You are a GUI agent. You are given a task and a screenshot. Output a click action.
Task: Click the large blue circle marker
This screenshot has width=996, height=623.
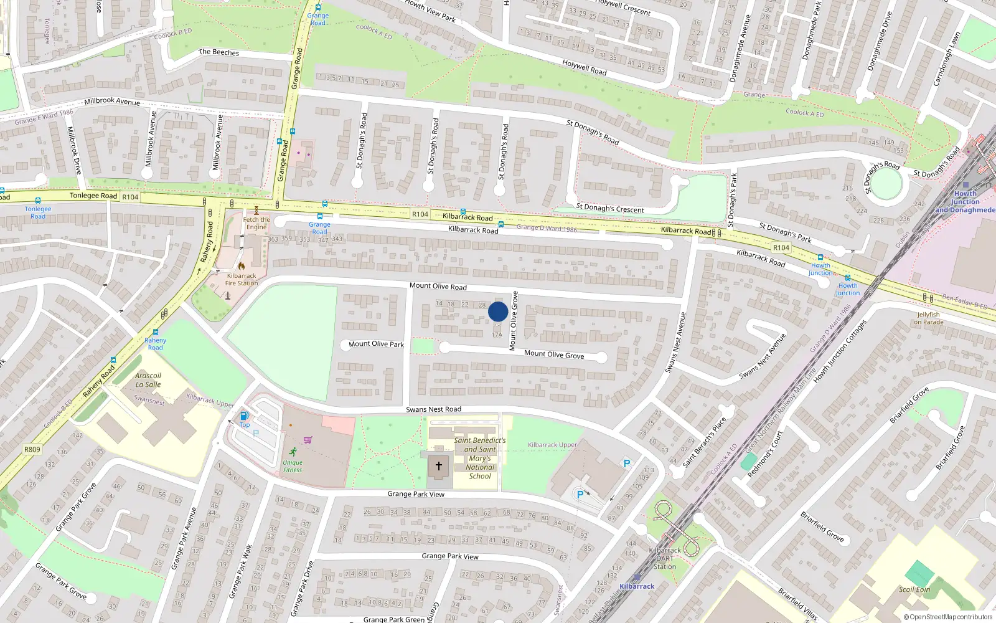(497, 311)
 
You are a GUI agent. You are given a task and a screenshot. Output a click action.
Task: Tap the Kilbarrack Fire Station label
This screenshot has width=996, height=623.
(242, 279)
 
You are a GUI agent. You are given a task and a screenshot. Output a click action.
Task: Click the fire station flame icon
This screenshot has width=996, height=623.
(242, 266)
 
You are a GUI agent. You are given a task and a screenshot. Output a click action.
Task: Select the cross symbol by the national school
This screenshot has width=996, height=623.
(439, 465)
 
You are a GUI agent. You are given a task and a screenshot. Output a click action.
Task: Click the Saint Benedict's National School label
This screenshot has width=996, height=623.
(480, 458)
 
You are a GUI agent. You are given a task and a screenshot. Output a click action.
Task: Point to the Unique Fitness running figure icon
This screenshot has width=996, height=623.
(293, 452)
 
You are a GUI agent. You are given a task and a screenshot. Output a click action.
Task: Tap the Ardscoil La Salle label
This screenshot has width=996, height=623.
(148, 380)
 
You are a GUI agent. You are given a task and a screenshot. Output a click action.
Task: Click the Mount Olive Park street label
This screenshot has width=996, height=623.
(376, 344)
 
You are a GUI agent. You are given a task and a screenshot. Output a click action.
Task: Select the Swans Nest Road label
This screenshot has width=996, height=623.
(433, 409)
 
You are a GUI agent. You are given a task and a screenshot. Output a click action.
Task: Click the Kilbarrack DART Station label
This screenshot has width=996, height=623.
(665, 558)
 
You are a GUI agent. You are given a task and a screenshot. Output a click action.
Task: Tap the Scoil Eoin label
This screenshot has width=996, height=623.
(914, 589)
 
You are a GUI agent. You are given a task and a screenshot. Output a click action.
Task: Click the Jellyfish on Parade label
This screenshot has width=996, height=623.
(928, 318)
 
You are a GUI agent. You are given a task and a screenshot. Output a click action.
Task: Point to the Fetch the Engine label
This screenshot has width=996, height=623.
(256, 223)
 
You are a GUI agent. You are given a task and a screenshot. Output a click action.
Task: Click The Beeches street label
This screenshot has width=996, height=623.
(218, 52)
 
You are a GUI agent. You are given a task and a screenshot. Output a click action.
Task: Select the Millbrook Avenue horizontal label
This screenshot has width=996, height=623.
(112, 101)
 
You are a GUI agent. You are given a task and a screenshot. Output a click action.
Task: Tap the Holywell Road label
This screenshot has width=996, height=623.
(584, 67)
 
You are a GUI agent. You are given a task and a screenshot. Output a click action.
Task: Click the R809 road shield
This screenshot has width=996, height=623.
(32, 449)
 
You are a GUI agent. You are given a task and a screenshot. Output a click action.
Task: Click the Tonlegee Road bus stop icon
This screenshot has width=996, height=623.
(38, 201)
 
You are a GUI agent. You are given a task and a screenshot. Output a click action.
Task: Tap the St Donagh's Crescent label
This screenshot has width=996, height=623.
(610, 208)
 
